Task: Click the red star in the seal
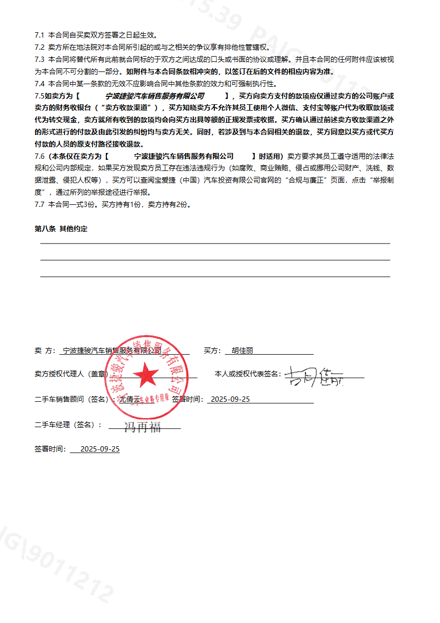145,376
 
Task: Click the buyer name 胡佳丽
243,350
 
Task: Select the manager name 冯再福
142,427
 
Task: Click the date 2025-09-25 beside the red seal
229,399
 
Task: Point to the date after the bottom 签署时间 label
100,449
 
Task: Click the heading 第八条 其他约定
61,229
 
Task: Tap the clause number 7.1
39,35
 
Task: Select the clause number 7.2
39,47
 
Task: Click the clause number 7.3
39,59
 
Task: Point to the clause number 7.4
39,84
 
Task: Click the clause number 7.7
39,204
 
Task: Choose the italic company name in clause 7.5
155,96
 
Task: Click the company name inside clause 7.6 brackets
184,156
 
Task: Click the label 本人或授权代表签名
247,374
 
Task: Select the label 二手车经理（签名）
68,425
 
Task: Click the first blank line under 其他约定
215,242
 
